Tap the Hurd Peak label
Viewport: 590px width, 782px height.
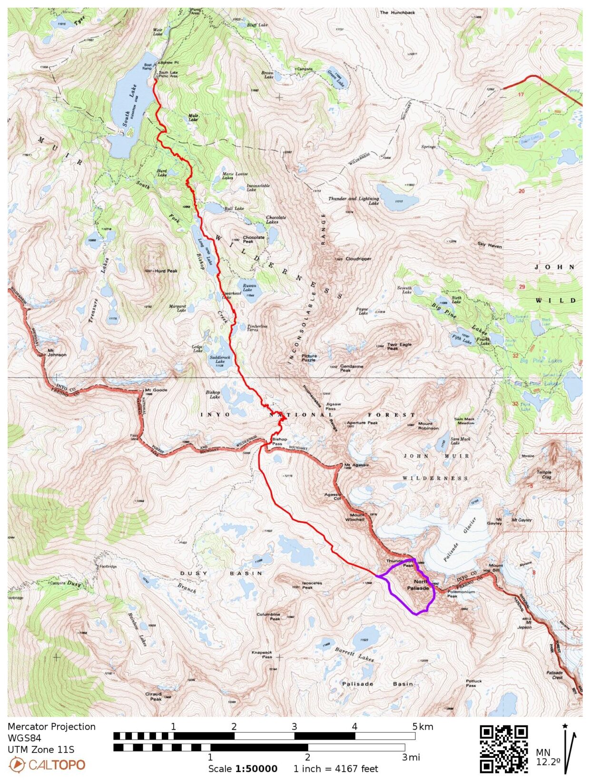166,271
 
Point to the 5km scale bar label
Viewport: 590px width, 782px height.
423,726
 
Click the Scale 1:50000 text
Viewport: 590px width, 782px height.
243,769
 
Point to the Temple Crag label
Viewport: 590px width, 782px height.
544,474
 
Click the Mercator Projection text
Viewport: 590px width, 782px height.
51,726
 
